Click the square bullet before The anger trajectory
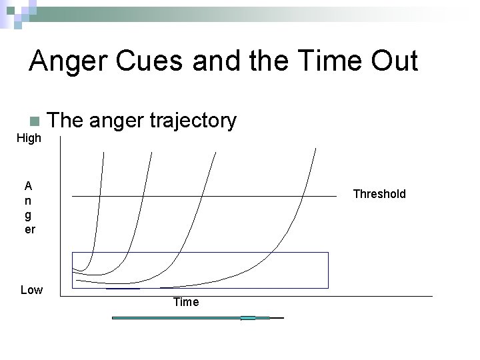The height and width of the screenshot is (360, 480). pos(35,121)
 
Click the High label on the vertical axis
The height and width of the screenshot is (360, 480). pos(29,138)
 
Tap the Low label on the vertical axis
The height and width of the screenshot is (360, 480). pos(31,289)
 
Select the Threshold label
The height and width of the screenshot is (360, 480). pos(379,194)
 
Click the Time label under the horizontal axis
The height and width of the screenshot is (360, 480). pos(185,302)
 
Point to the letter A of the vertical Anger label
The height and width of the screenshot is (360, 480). pos(29,185)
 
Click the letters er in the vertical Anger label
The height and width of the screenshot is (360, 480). pos(29,229)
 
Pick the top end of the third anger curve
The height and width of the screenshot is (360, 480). pos(216,153)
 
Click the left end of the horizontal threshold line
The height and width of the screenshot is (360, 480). pos(73,197)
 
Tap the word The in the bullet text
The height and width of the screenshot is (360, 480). pos(65,121)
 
